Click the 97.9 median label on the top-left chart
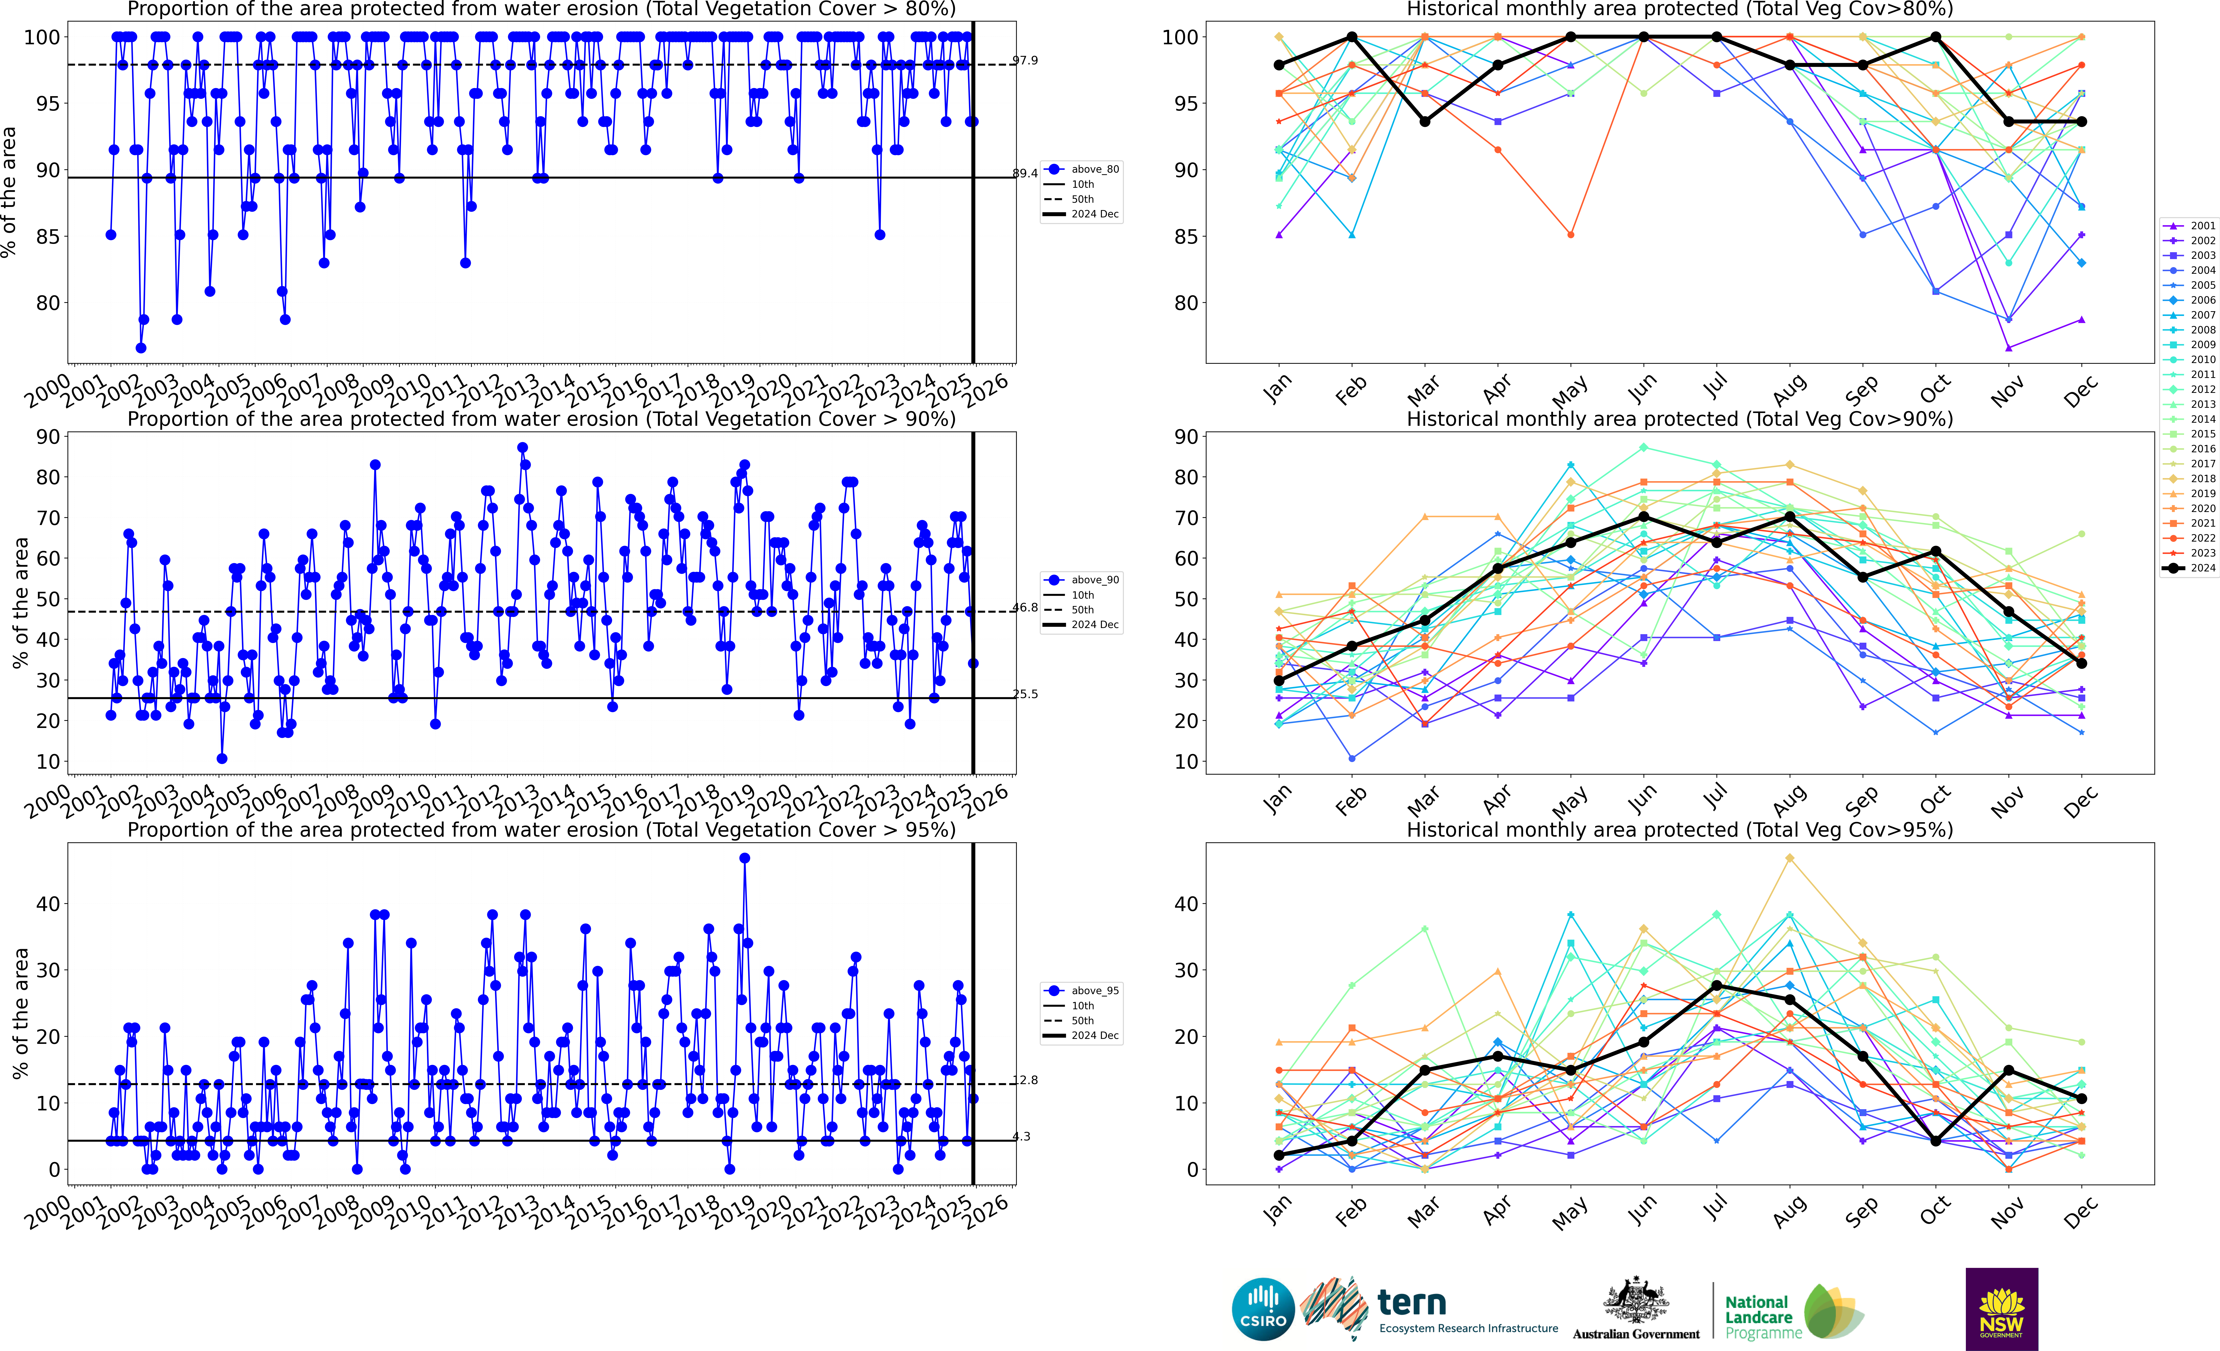[1024, 60]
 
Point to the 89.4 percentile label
[1024, 173]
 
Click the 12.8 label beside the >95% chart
[1024, 1080]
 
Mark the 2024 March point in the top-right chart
[1424, 121]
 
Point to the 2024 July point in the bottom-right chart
[1716, 985]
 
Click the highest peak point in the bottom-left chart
[744, 858]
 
